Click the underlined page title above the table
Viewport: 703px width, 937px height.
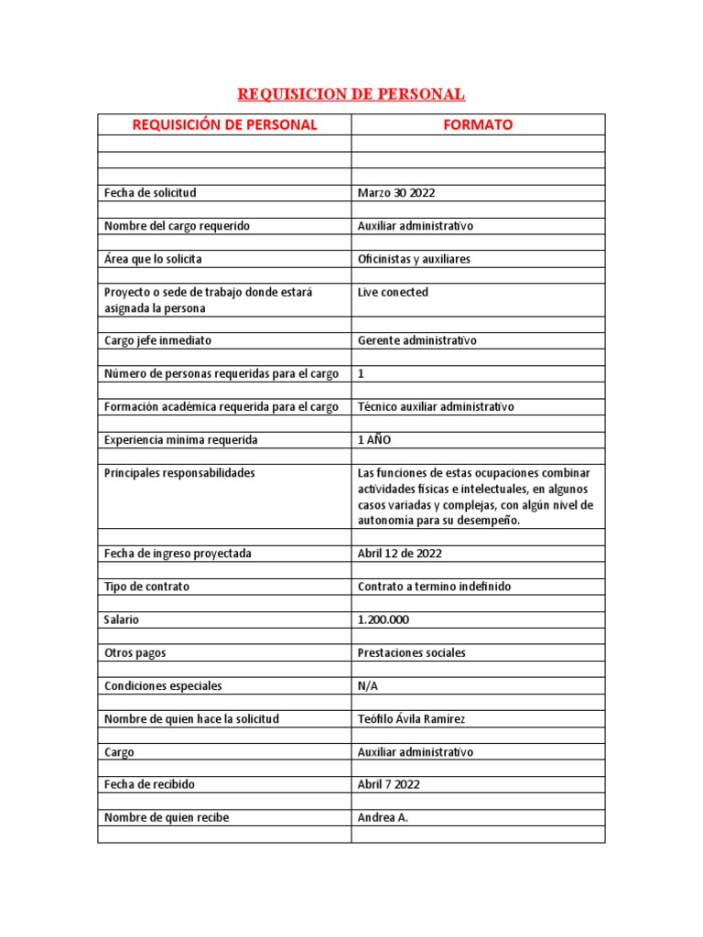351,94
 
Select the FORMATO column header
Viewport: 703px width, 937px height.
478,124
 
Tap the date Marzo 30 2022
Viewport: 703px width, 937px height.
396,193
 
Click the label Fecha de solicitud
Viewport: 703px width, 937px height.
150,193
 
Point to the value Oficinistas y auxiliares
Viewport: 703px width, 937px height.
414,259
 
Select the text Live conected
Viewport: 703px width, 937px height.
393,293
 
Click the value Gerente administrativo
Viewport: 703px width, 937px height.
416,340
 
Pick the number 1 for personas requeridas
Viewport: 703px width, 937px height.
361,373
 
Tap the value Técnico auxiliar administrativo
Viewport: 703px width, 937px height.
436,406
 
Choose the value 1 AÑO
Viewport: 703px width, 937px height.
373,440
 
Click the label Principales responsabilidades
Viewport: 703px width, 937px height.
179,473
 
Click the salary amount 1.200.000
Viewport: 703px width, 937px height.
384,619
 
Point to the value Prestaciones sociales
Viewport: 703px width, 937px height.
411,653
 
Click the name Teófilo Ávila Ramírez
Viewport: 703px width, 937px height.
411,719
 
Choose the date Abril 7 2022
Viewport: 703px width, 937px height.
389,785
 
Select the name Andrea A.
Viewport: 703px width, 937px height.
383,818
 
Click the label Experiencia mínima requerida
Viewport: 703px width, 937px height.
180,440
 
